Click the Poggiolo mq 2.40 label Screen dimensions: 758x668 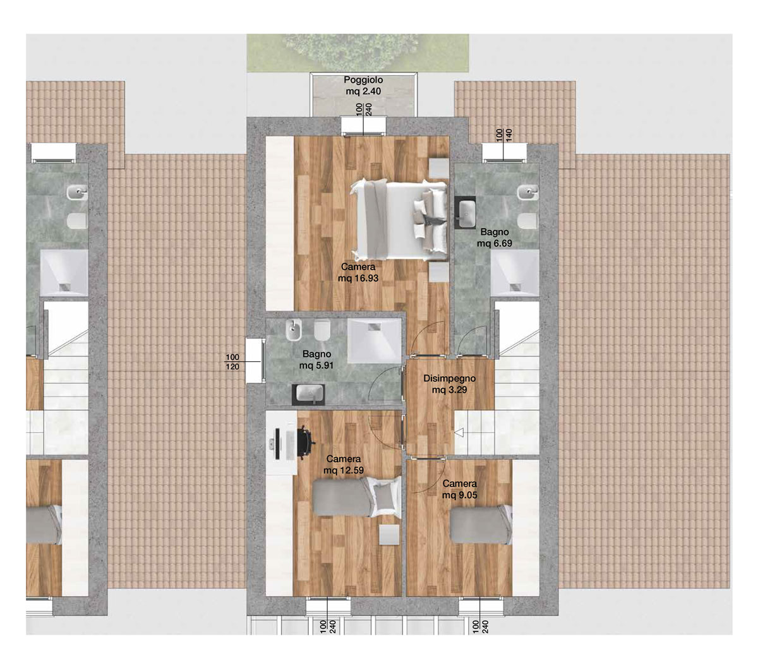coord(363,86)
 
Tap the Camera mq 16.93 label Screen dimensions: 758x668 coord(358,272)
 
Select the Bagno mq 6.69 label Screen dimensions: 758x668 coord(494,237)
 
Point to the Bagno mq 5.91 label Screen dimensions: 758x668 coord(316,359)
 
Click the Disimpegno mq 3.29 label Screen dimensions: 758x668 coord(449,384)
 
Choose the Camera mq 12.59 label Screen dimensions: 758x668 coord(344,464)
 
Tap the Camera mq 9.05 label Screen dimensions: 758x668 coord(459,489)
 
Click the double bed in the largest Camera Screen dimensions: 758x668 coord(399,220)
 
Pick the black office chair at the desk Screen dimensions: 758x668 coord(306,443)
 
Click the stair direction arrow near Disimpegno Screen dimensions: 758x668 coord(459,432)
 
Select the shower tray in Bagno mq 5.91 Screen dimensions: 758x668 coord(374,340)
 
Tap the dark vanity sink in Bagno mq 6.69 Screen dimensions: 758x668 coord(465,212)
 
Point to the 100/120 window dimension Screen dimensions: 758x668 coord(232,362)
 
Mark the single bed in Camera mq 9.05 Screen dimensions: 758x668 coord(481,525)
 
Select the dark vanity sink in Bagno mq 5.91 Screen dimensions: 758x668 coord(308,394)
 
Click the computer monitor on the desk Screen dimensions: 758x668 coord(277,444)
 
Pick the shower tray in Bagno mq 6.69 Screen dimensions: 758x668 coord(515,273)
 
